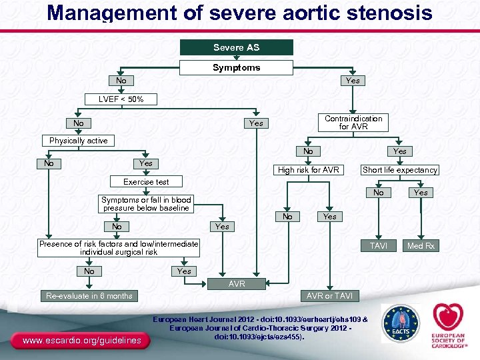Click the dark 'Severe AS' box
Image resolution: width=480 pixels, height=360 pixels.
237,47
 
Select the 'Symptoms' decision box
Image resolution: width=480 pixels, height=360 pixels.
237,67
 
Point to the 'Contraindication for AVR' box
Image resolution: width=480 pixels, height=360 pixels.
353,123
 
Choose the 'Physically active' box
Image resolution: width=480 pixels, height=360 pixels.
78,141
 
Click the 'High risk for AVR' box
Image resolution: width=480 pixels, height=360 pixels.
309,170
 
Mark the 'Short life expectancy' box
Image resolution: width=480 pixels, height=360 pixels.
399,170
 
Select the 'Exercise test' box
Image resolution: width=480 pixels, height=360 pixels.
146,181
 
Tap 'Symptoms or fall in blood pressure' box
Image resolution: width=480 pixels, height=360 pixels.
146,204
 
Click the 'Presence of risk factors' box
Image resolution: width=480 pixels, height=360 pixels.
119,248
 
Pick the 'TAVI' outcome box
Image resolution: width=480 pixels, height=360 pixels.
378,245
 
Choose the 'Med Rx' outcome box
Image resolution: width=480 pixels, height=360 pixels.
421,246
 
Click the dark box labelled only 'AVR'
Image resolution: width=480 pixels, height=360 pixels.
237,284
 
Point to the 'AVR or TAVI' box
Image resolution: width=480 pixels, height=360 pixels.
329,295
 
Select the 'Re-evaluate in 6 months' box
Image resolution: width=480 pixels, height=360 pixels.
89,295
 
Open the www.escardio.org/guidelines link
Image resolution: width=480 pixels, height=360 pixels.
81,341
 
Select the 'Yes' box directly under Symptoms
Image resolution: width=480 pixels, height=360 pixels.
353,81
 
